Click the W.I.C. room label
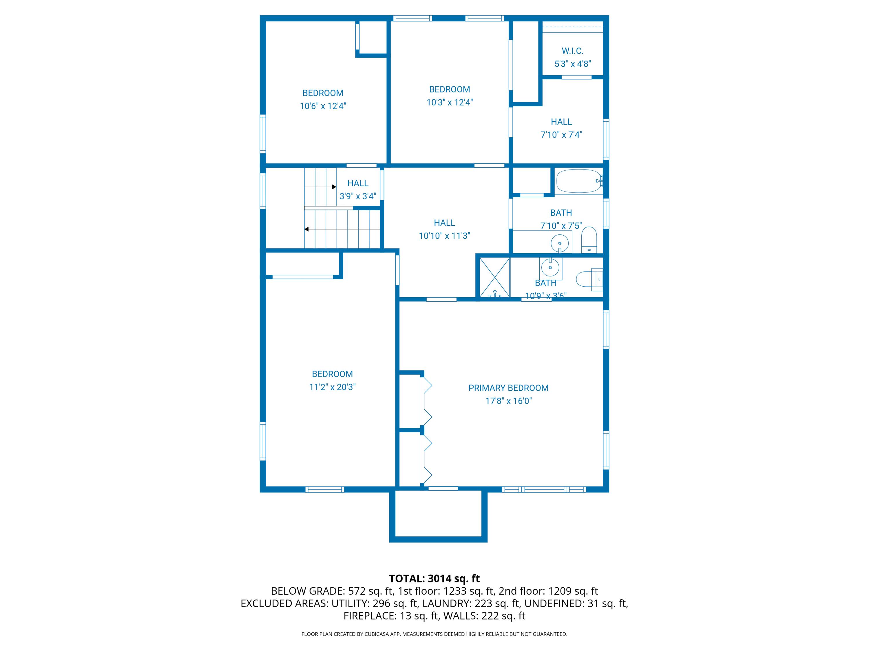[x=572, y=51]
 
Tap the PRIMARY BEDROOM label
[x=508, y=388]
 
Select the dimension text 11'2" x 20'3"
[x=332, y=387]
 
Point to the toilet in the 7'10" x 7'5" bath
[x=589, y=240]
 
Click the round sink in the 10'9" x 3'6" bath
[x=550, y=268]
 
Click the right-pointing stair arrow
[x=320, y=187]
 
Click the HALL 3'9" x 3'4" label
[x=357, y=183]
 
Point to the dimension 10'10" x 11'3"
[x=444, y=236]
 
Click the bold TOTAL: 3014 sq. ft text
[x=434, y=578]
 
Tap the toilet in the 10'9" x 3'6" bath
[x=588, y=279]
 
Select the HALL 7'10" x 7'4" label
[x=561, y=122]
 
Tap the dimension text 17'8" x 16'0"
[x=508, y=401]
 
